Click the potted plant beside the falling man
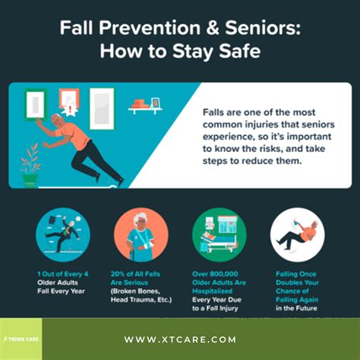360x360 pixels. (30, 167)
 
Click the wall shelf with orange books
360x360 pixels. (147, 105)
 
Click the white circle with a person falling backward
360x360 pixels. (298, 235)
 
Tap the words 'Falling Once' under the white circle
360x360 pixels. (298, 272)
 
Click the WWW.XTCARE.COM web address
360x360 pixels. (180, 339)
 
